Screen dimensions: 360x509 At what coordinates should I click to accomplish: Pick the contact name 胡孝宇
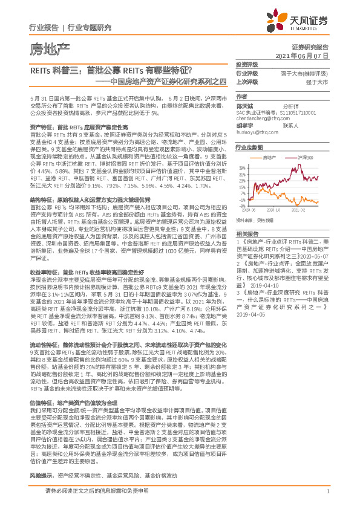tap(244, 125)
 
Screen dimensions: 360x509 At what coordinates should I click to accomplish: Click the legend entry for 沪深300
tap(288, 157)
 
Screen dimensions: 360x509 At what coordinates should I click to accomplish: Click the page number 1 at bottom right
tap(327, 491)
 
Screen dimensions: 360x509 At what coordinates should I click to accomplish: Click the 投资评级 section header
tap(246, 65)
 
